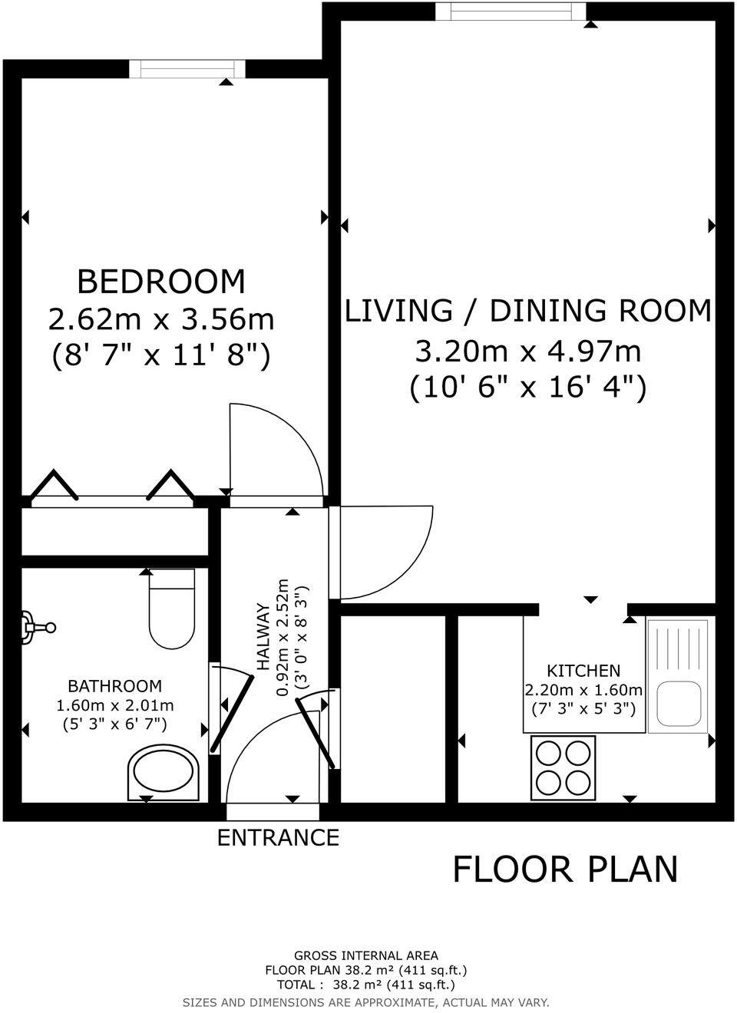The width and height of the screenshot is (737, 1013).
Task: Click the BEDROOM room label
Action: [161, 282]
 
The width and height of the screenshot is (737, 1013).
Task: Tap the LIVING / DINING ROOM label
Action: [527, 311]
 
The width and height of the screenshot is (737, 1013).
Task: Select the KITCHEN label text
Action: [583, 671]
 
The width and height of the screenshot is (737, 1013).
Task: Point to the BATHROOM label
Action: [115, 686]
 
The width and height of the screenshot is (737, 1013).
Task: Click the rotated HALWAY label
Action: [263, 636]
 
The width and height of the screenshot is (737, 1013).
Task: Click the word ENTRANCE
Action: [278, 837]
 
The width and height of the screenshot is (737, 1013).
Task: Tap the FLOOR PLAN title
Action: [565, 869]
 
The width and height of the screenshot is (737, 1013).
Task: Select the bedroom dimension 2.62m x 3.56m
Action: [161, 318]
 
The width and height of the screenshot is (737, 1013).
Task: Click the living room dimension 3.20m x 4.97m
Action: [527, 351]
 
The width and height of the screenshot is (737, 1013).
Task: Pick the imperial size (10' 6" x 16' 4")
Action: [527, 387]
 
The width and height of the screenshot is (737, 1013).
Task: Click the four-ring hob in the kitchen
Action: [563, 767]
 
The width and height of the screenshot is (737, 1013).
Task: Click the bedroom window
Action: [187, 69]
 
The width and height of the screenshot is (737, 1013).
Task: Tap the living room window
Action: [511, 12]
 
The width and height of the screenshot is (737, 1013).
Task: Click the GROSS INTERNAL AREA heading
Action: [366, 955]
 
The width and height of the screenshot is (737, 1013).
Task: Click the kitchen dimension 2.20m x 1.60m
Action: [583, 690]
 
